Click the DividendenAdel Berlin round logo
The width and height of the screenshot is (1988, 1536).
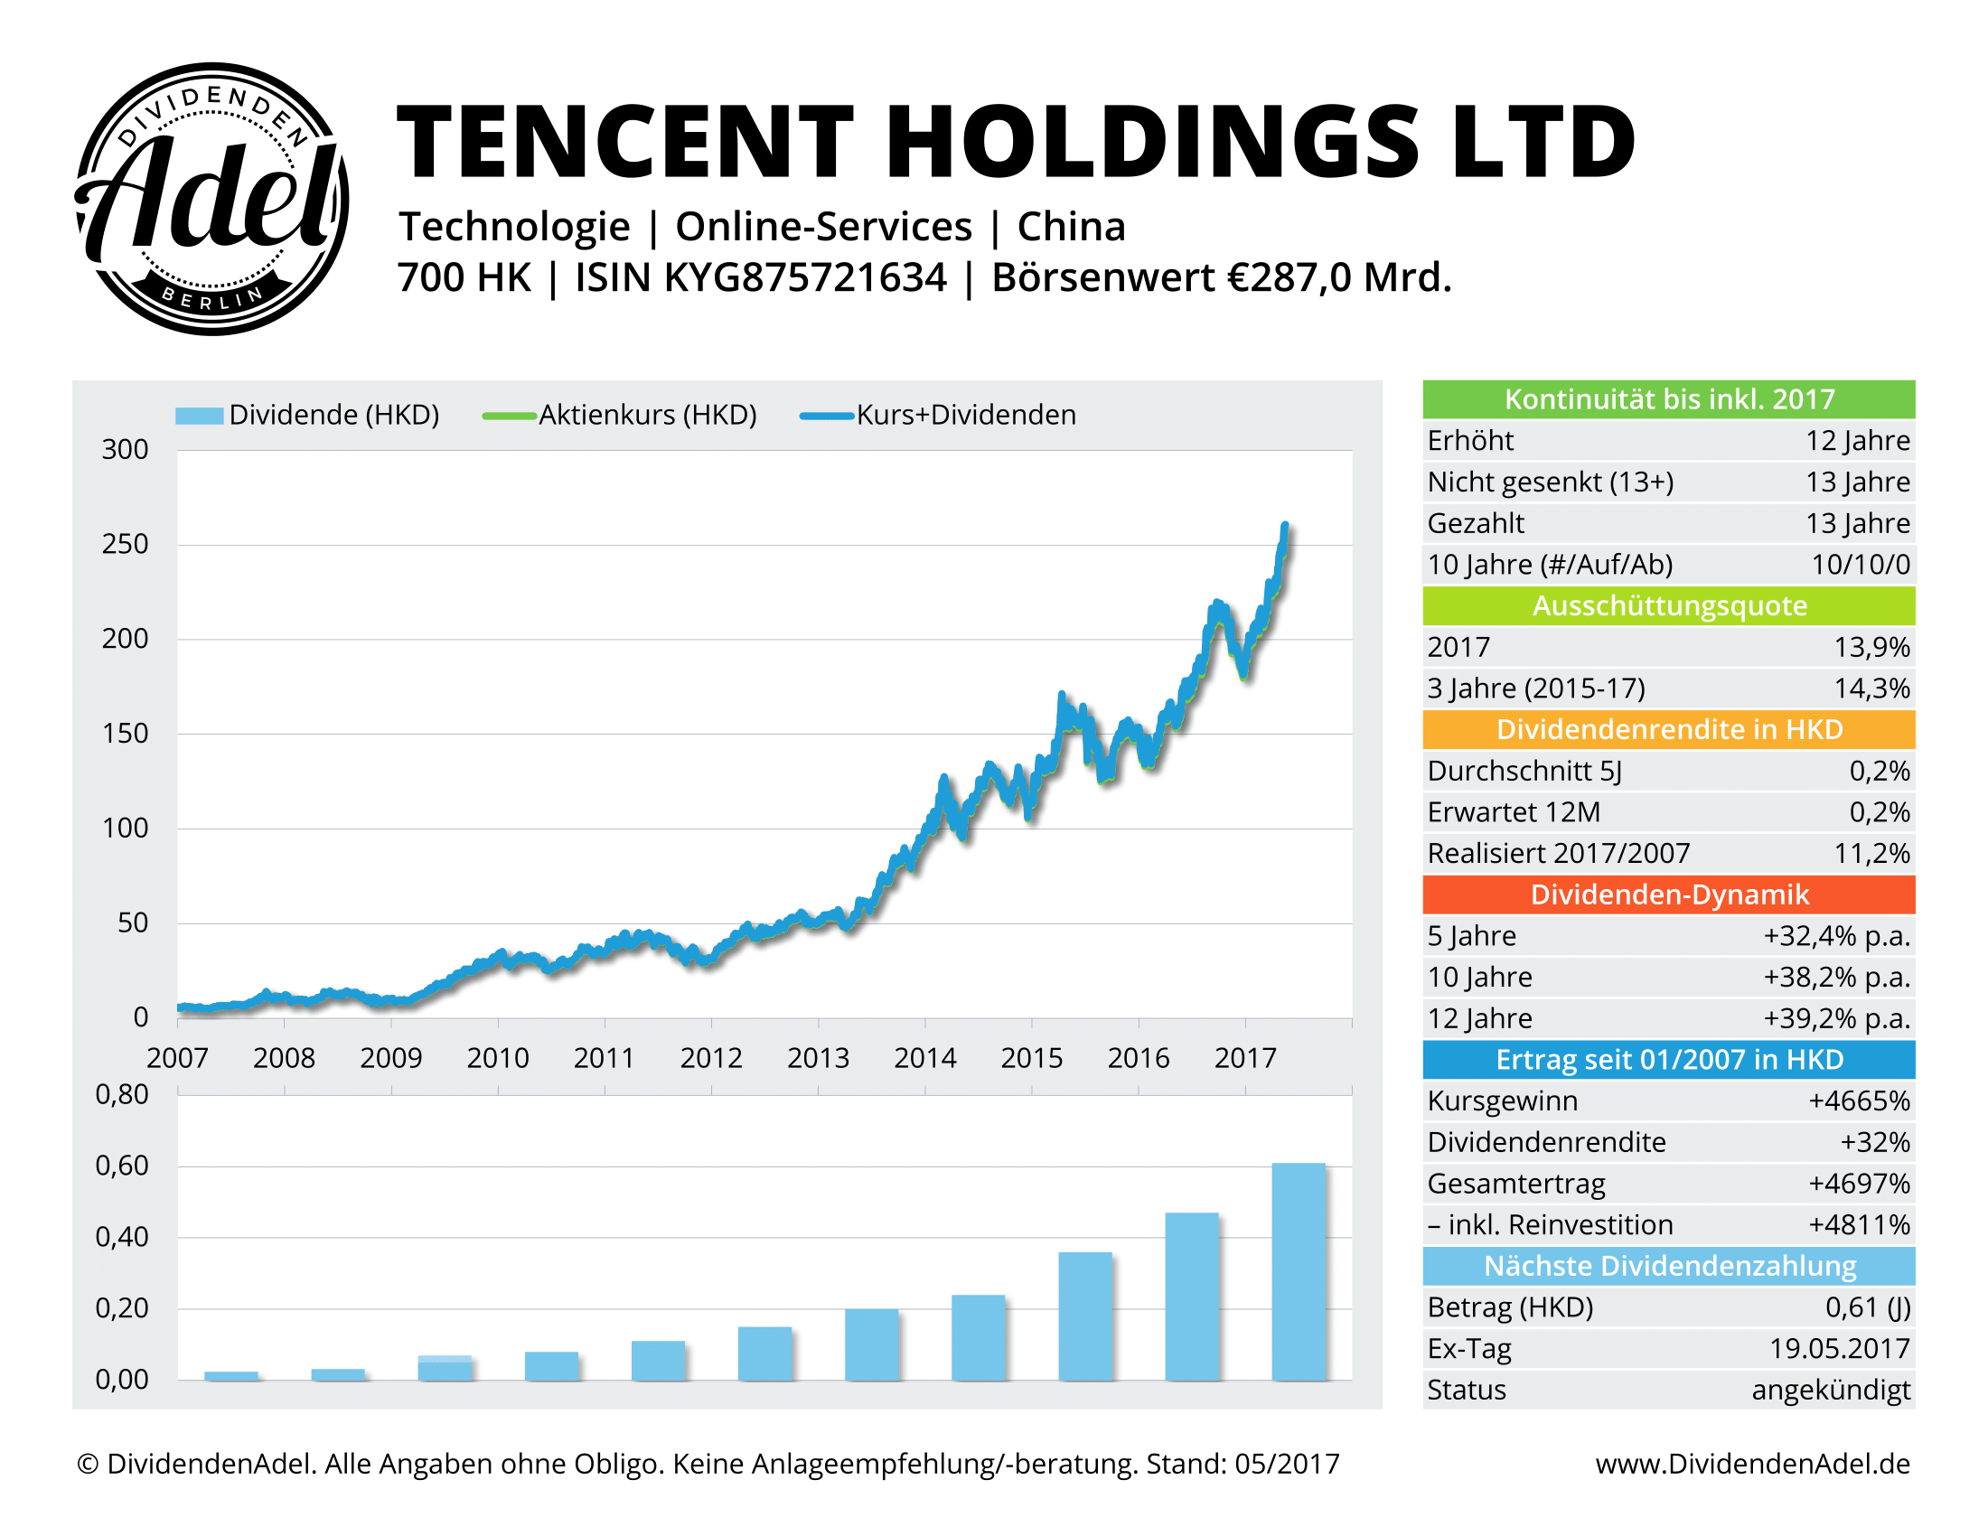coord(211,199)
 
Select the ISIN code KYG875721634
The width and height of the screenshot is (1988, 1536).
coord(805,277)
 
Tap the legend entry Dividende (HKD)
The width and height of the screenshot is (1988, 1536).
coord(307,415)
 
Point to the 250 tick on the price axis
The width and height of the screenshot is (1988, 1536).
coord(125,544)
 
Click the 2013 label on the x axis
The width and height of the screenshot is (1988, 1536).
coord(818,1057)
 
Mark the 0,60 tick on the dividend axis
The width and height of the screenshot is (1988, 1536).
coord(122,1166)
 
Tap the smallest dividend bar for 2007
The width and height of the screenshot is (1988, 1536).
coord(231,1375)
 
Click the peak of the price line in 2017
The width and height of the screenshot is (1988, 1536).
coord(1284,526)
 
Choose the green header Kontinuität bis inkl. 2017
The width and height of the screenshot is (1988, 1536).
coord(1667,399)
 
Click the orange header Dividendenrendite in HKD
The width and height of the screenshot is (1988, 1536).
coord(1667,730)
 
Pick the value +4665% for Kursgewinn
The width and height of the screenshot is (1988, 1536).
coord(1858,1101)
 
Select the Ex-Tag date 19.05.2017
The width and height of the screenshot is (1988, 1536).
coord(1839,1349)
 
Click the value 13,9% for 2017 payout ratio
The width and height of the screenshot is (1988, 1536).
coord(1871,647)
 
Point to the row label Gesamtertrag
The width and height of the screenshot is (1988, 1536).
coord(1515,1184)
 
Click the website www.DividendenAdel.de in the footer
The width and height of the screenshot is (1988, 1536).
coord(1751,1464)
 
